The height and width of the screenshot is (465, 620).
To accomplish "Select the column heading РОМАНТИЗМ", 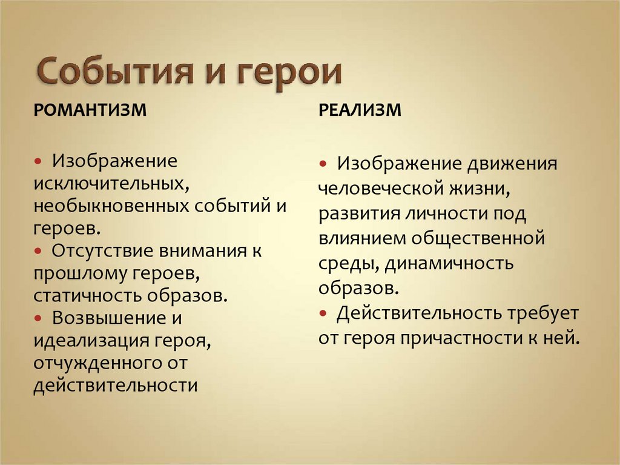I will [90, 110].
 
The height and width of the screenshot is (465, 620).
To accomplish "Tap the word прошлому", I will [79, 273].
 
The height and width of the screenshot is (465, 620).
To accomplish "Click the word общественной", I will [478, 238].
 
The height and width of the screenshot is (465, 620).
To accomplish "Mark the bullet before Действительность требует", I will [324, 313].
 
